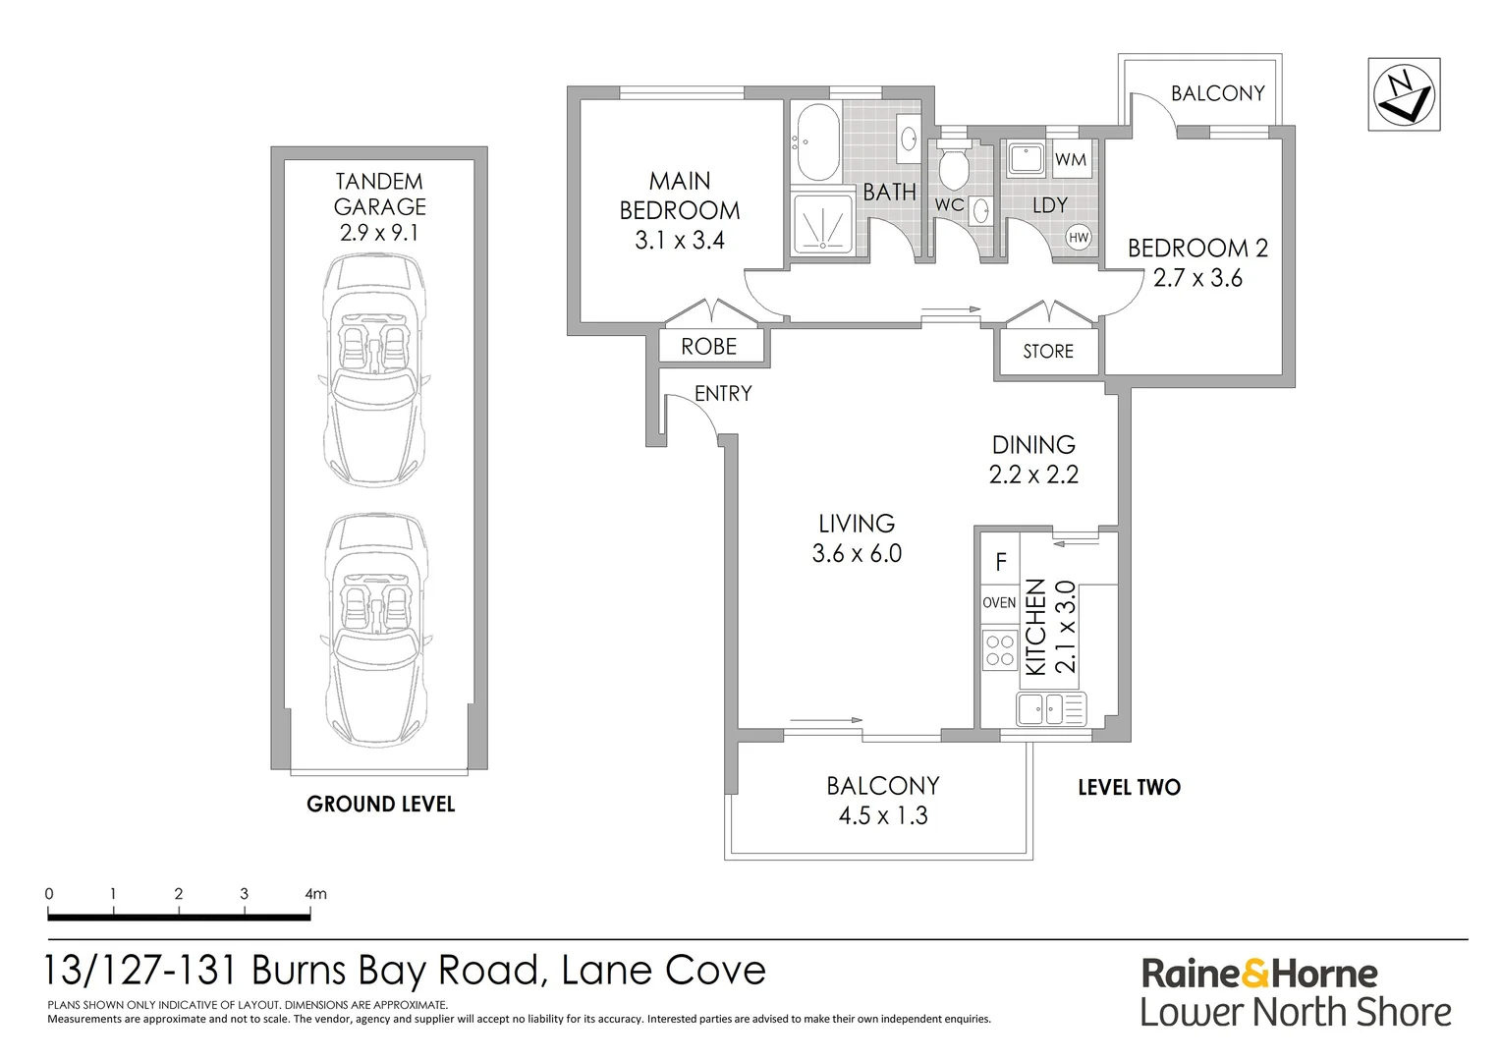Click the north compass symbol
1404,94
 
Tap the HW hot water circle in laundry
1079,238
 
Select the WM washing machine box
1071,159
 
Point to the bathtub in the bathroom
817,141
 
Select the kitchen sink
1051,708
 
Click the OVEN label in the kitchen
999,602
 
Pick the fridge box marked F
1000,560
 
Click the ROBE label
708,347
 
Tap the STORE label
1048,351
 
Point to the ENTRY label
723,393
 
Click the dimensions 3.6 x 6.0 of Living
857,554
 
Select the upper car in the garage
374,369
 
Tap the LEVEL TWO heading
1129,788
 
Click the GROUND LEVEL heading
380,805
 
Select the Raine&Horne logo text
1259,974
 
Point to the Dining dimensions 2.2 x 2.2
1033,475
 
